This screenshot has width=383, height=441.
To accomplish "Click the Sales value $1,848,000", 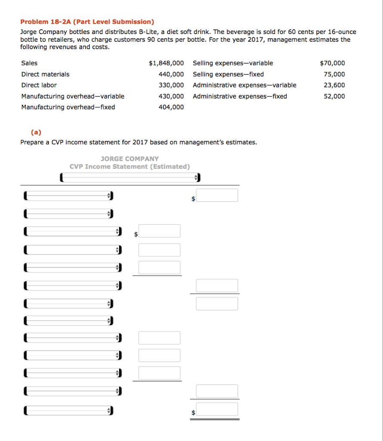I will point(166,63).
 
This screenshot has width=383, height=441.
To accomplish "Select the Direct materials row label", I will point(45,74).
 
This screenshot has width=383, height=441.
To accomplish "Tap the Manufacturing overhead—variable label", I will point(73,96).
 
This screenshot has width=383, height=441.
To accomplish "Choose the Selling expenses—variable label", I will point(233,63).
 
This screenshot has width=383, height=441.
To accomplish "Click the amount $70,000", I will point(332,63).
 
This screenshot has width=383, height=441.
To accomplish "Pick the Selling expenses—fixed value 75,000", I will point(334,74).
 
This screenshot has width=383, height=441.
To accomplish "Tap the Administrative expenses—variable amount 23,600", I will point(334,85).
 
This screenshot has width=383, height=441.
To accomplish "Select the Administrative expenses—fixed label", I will point(240,96).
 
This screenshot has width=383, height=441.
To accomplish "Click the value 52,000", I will point(334,96).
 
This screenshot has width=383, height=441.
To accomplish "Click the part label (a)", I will point(36,133).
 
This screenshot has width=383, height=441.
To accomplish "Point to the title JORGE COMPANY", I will point(129,158).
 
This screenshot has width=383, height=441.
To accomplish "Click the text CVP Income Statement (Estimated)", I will point(129,166).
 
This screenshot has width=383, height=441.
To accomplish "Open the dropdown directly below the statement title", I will point(129,177).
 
